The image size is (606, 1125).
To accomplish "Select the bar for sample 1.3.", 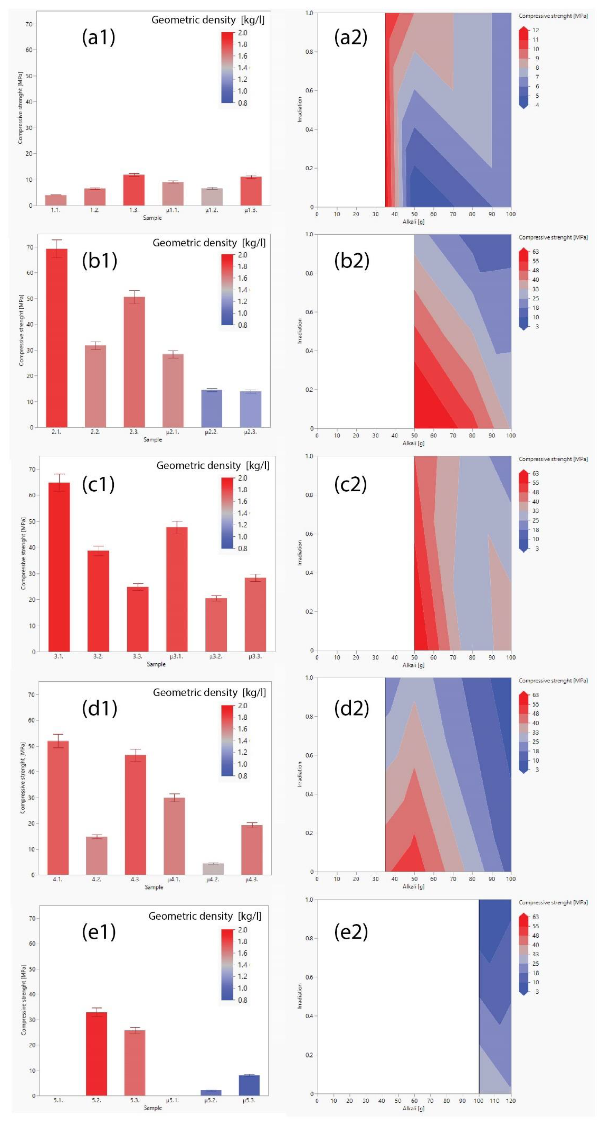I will click(134, 190).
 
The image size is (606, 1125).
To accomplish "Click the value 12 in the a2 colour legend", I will click(535, 30).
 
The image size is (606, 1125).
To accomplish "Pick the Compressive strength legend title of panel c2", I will click(553, 459).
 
